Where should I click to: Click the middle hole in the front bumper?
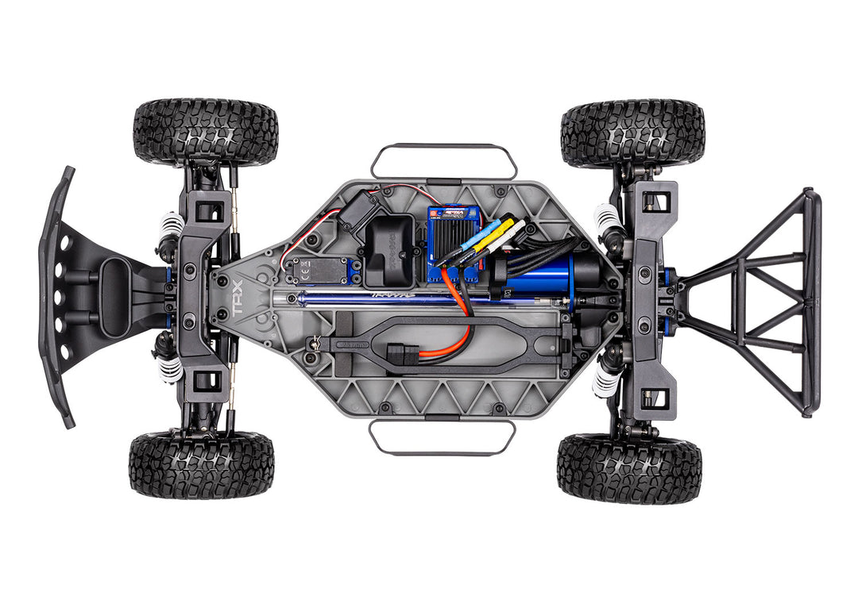pyautogui.click(x=58, y=298)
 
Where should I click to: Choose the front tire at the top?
pyautogui.click(x=206, y=131)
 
